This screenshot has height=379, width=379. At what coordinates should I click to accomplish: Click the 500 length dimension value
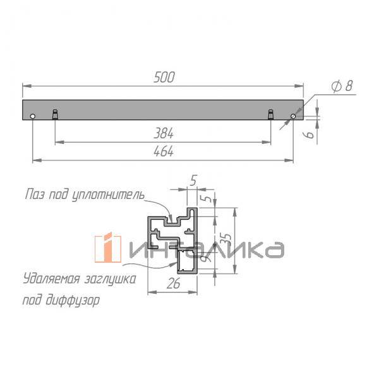(164, 78)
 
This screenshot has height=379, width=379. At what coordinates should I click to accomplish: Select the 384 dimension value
(164, 134)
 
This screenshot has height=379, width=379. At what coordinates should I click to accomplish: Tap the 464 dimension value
(164, 152)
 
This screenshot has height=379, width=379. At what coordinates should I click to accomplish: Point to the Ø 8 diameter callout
(340, 87)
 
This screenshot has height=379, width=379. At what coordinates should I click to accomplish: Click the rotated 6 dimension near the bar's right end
(309, 134)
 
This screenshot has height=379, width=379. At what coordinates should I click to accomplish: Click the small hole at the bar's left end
(32, 116)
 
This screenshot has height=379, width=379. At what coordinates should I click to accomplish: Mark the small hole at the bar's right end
(294, 116)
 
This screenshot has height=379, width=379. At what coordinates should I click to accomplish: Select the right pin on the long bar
(270, 114)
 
